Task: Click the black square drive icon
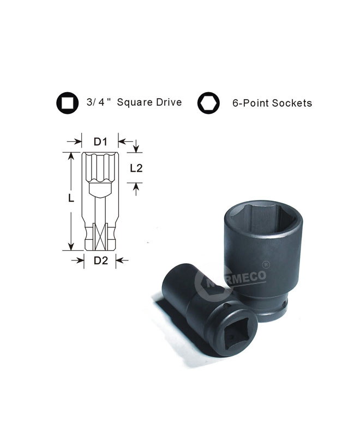pyautogui.click(x=67, y=103)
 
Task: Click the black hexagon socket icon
pyautogui.click(x=208, y=103)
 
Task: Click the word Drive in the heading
pyautogui.click(x=169, y=102)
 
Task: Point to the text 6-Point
pyautogui.click(x=251, y=103)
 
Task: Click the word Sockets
pyautogui.click(x=292, y=103)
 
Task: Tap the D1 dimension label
pyautogui.click(x=100, y=142)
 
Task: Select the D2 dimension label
pyautogui.click(x=100, y=261)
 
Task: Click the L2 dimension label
pyautogui.click(x=136, y=168)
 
